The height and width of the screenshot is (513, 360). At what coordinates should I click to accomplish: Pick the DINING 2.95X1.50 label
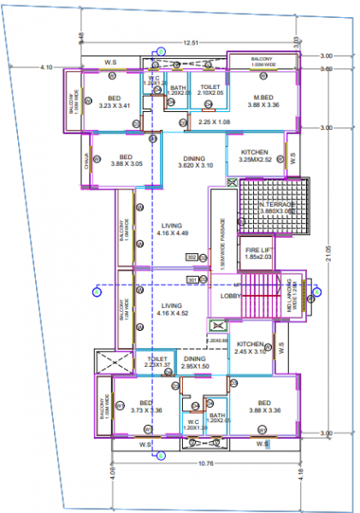coord(195,363)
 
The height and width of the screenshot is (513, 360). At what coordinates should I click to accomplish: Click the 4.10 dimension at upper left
coord(46,67)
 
